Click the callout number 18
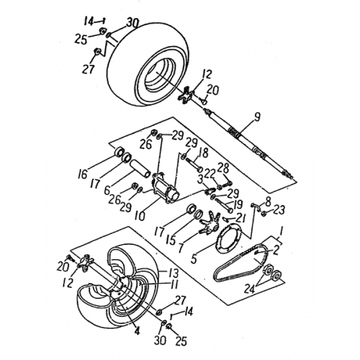point(204,153)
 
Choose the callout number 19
point(238,204)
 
